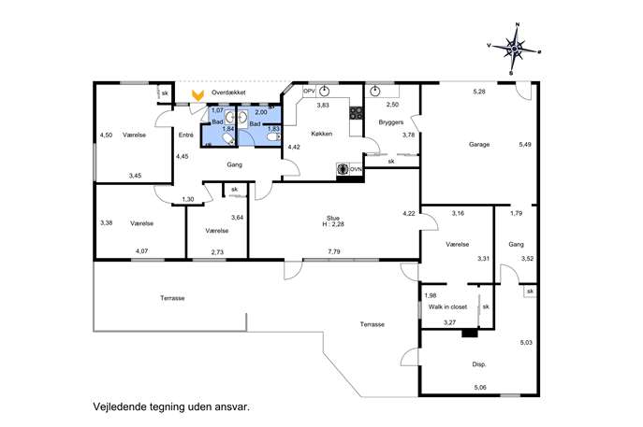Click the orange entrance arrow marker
198,96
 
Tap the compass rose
514,50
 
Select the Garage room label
479,145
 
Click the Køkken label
322,134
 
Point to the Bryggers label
391,122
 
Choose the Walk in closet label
447,306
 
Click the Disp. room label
479,364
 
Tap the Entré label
185,135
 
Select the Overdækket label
228,93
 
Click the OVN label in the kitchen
356,169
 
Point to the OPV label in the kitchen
309,92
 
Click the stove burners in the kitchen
356,113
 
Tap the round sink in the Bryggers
374,92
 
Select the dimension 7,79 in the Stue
334,251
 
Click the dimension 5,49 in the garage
525,144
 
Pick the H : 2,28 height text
333,224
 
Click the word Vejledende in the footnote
117,407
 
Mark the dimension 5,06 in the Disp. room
480,387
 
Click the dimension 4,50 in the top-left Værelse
106,135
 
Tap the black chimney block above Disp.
470,334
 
